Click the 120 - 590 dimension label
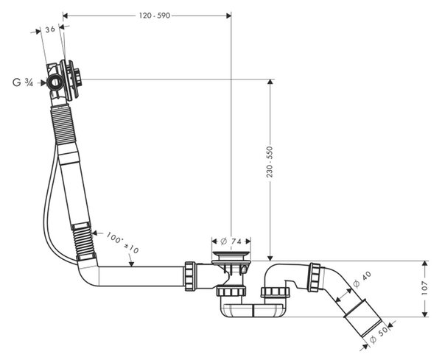155,15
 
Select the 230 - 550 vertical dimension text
270,162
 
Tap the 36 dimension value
50,29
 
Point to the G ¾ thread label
23,82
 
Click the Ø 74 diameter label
231,241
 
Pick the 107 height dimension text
424,288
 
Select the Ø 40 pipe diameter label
362,279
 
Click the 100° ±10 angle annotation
122,242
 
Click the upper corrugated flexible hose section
64,124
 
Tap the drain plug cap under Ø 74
231,253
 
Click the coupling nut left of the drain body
190,276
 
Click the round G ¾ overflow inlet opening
55,82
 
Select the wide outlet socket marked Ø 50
362,318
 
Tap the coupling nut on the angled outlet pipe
315,278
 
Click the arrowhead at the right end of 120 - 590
228,15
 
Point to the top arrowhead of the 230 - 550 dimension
270,82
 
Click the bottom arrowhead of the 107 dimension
424,314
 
